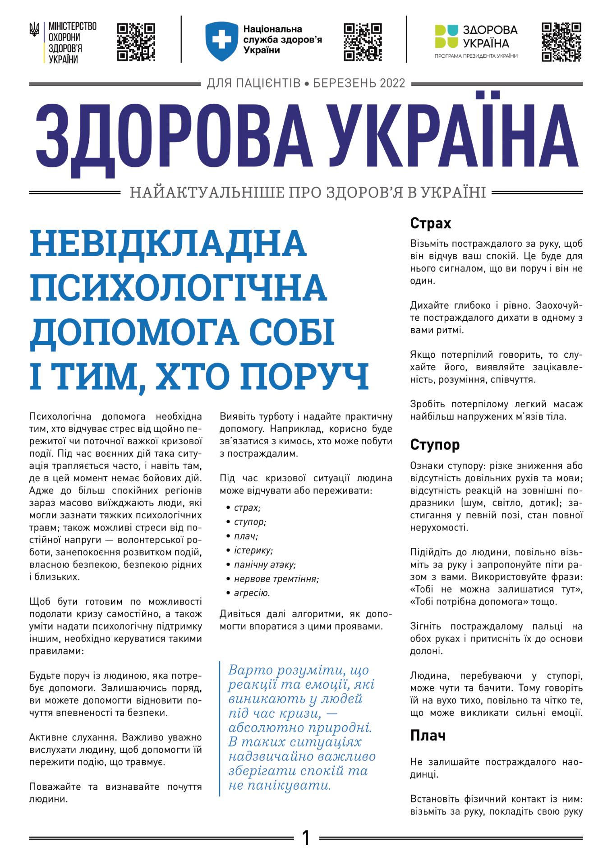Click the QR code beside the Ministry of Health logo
tap(136, 42)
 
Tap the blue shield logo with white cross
tap(221, 41)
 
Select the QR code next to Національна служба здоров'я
tap(363, 42)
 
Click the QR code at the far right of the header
tap(561, 42)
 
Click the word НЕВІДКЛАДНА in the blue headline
tap(168, 244)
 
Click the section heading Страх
tap(430, 223)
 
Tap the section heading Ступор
tap(435, 445)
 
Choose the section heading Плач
tap(428, 736)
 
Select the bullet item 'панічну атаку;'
tap(265, 565)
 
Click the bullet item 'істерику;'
tap(253, 551)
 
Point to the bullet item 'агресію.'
tap(252, 593)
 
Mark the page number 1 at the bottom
tap(306, 838)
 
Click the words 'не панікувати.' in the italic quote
tap(280, 785)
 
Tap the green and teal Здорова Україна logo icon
tap(446, 37)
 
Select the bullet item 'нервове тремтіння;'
tap(276, 579)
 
